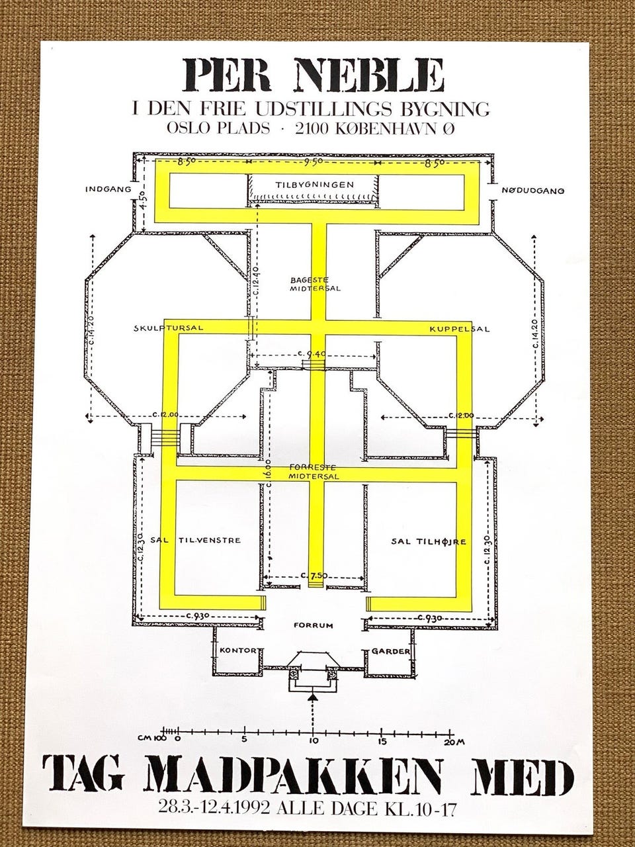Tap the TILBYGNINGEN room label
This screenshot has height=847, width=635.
click(x=314, y=184)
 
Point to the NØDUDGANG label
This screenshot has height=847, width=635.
click(x=532, y=191)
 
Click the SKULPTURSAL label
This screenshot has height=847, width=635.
click(x=167, y=328)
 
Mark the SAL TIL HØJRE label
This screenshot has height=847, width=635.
click(x=429, y=541)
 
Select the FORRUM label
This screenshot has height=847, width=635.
click(x=314, y=625)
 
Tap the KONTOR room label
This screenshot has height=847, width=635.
click(x=238, y=650)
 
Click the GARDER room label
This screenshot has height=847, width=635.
click(x=390, y=651)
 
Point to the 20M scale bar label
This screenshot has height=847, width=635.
click(x=455, y=742)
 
